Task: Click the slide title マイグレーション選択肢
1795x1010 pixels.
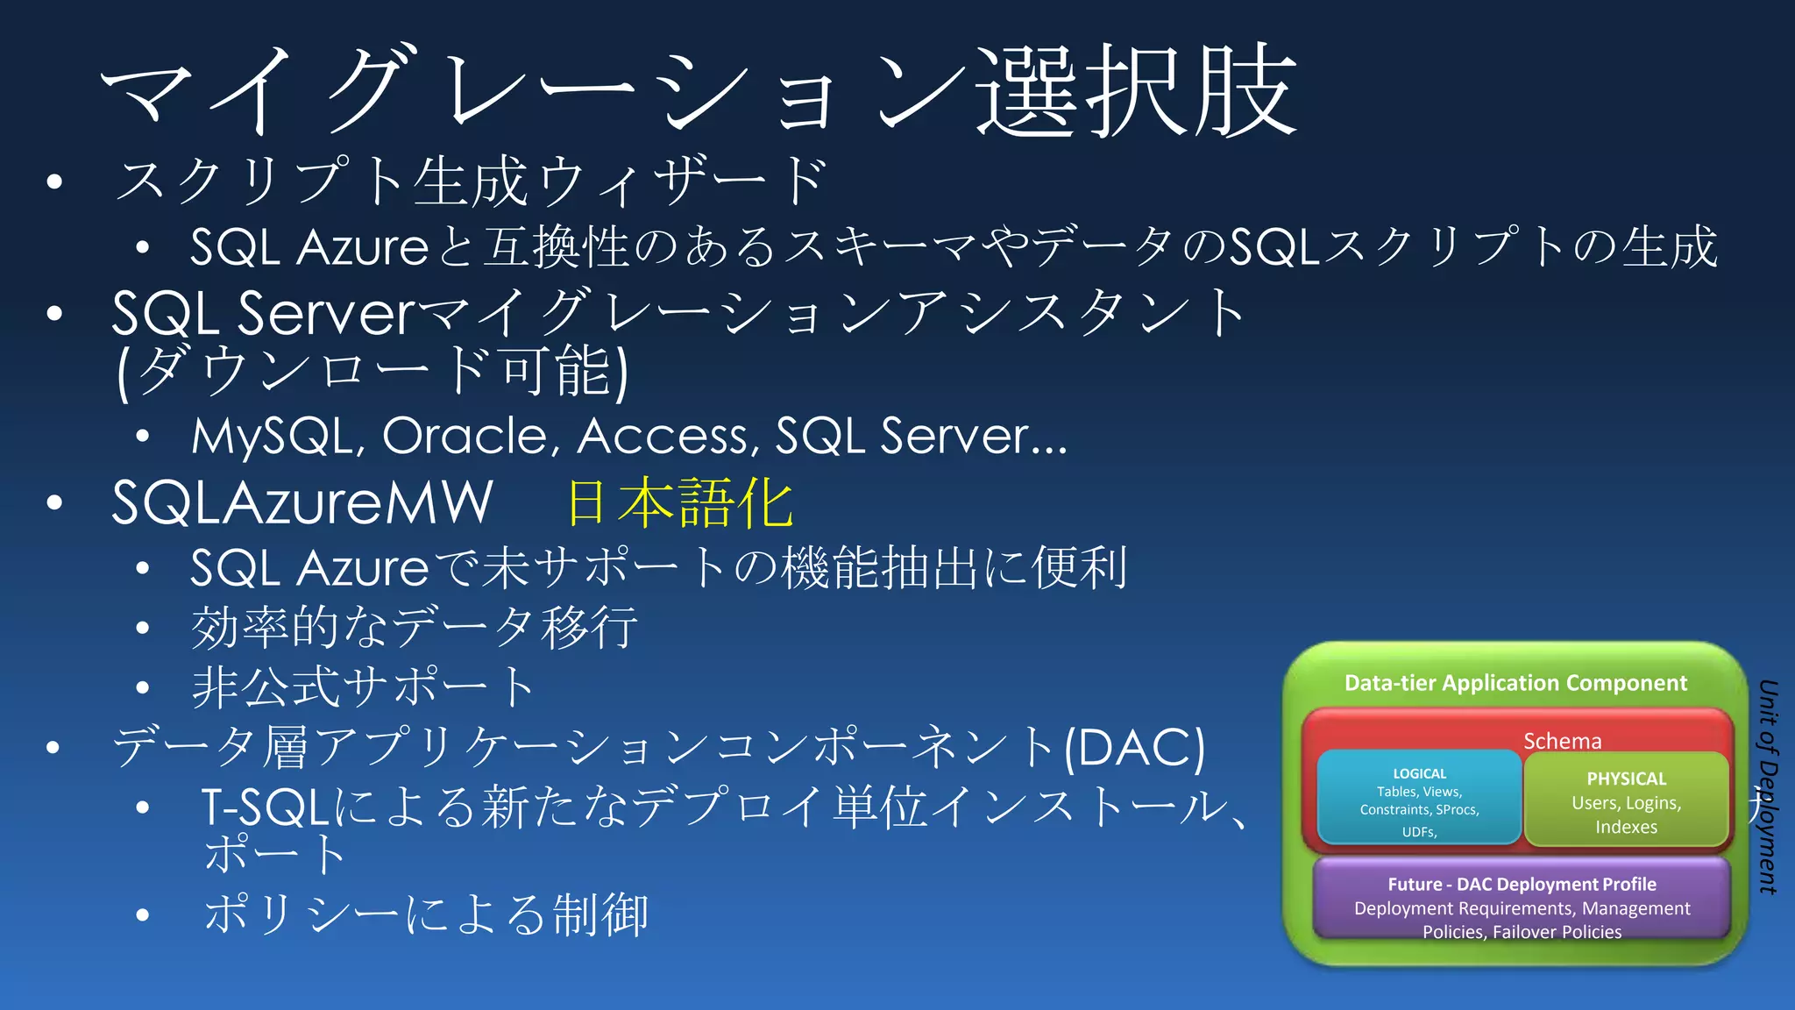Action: pyautogui.click(x=699, y=92)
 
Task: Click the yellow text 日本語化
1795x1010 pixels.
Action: pyautogui.click(x=680, y=503)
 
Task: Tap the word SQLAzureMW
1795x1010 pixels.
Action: pyautogui.click(x=302, y=503)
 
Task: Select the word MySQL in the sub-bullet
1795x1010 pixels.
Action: pyautogui.click(x=276, y=436)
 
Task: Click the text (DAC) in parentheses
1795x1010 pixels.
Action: pyautogui.click(x=1134, y=748)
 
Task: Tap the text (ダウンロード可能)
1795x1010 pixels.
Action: pyautogui.click(x=372, y=372)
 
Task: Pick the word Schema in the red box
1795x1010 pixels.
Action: pyautogui.click(x=1562, y=741)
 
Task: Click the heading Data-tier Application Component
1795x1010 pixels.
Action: pyautogui.click(x=1515, y=683)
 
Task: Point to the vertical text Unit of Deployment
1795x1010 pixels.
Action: pyautogui.click(x=1768, y=786)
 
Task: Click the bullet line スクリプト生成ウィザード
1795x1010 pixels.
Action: pyautogui.click(x=471, y=181)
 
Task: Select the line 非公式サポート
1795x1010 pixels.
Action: pyautogui.click(x=363, y=686)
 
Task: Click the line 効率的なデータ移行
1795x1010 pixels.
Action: pyautogui.click(x=414, y=628)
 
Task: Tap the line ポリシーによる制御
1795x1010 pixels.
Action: pyautogui.click(x=426, y=914)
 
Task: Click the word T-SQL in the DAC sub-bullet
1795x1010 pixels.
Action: pyautogui.click(x=265, y=807)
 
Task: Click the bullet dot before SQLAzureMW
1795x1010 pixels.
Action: pyautogui.click(x=54, y=503)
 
